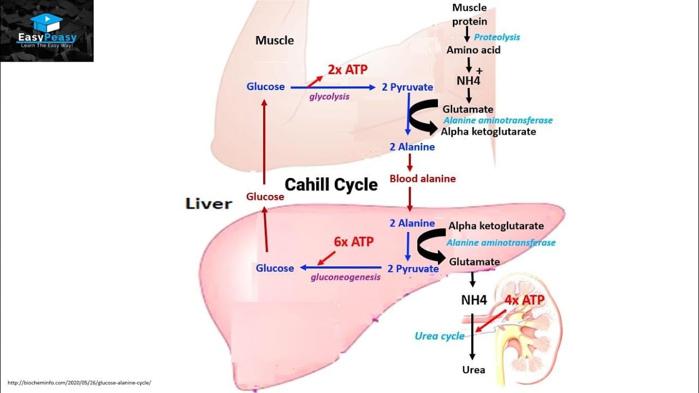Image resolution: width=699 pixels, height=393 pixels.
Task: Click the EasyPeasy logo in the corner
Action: pos(47,31)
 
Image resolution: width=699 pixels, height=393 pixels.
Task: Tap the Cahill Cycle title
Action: pos(331,184)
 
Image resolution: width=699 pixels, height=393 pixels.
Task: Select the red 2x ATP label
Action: pos(348,70)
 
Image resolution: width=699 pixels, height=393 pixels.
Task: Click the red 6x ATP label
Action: pos(354,242)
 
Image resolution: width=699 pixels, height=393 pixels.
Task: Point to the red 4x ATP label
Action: pos(524,300)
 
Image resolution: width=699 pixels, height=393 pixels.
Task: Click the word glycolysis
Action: pos(329,97)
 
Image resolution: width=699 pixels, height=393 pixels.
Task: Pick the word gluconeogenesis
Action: pos(346,277)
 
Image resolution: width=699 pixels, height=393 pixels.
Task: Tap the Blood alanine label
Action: pos(422,178)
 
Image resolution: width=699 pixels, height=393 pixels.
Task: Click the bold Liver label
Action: pos(209,204)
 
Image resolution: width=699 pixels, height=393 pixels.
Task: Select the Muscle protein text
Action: pos(469,15)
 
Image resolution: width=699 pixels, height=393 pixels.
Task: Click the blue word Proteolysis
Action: pos(496,37)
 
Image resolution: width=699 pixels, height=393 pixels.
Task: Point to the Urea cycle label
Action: pos(440,336)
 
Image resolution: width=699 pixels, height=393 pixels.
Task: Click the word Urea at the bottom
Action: pos(473,370)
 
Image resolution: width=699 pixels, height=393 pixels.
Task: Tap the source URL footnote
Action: pos(79,383)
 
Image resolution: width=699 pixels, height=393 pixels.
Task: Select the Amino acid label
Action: pos(473,50)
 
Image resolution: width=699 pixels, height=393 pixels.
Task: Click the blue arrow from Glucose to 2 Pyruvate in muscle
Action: pos(333,87)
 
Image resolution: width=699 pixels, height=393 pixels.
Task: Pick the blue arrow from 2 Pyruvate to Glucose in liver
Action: pos(341,268)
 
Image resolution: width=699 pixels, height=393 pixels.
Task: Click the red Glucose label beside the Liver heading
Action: pos(265,196)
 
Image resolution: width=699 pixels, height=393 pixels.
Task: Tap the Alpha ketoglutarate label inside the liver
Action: pos(496,226)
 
